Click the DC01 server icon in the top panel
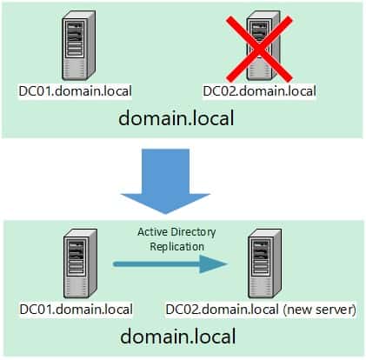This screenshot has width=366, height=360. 78,45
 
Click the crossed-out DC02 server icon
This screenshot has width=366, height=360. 263,45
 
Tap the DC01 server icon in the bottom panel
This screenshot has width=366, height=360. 80,263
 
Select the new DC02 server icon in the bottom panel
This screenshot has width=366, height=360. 264,263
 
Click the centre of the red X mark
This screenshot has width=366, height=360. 259,49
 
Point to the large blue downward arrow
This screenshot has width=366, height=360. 165,181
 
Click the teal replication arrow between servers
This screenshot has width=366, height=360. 170,264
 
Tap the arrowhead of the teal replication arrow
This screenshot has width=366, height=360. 214,264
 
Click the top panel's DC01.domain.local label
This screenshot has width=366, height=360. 75,91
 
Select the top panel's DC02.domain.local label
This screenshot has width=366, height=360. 259,91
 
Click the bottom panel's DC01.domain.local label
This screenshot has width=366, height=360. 77,310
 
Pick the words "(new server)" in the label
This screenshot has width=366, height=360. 319,310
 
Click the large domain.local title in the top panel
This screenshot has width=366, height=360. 176,118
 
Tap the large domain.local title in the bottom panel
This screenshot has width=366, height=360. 178,337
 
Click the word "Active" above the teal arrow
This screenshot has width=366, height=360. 152,232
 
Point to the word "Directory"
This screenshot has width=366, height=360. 193,232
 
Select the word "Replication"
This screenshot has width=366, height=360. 177,247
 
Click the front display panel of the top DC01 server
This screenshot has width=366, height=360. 75,39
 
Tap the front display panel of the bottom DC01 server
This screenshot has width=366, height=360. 77,257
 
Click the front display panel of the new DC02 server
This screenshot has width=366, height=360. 261,257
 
